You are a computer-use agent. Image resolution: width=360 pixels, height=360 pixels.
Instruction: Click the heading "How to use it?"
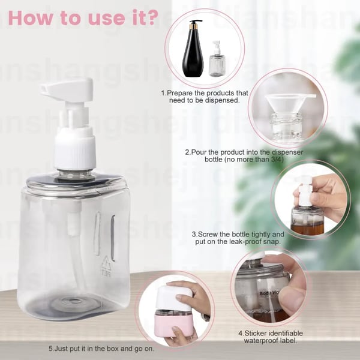tap(83, 18)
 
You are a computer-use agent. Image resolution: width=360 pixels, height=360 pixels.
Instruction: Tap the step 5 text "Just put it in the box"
tap(103, 348)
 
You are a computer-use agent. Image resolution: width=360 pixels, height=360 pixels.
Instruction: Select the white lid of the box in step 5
tap(174, 298)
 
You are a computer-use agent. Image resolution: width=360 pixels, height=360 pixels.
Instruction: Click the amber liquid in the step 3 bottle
tap(307, 228)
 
